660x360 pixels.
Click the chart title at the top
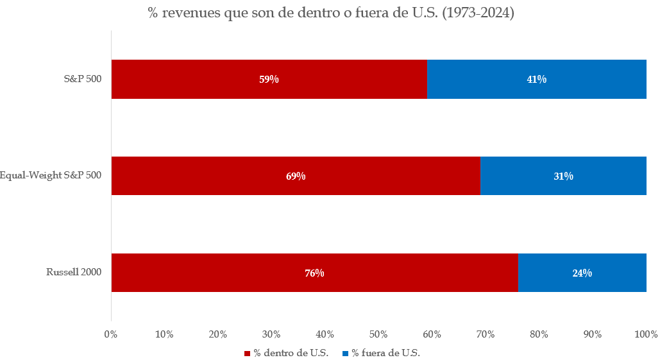(331, 13)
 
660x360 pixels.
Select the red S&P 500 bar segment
(192, 79)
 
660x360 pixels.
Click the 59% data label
(269, 80)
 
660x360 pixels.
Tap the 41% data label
(536, 80)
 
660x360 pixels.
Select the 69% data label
(296, 176)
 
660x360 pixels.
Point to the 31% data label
(563, 176)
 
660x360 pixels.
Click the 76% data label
(314, 273)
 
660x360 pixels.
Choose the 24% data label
(582, 273)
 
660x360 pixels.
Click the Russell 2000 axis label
(74, 272)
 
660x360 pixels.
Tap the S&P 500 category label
(83, 79)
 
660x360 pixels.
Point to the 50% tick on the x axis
(378, 334)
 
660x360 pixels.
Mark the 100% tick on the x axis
(645, 334)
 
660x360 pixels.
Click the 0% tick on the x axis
(111, 334)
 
